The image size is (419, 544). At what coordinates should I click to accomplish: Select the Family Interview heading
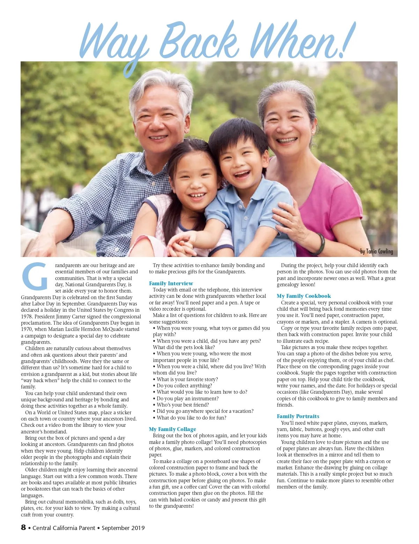pos(171,284)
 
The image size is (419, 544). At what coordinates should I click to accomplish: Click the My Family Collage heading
pos(172,429)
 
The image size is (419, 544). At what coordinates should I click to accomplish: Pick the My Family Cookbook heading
pos(304,296)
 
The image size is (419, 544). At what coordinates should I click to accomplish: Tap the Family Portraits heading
pos(298,416)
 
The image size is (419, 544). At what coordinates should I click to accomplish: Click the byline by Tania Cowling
pos(376,251)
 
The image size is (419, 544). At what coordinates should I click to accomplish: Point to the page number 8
pos(23,527)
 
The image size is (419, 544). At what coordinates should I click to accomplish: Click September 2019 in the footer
pos(123,528)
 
